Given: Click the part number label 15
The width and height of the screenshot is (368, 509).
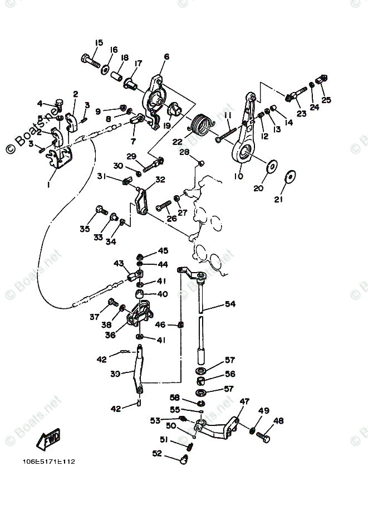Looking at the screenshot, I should click(x=99, y=42).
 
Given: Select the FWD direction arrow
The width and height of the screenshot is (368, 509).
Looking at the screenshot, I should click(x=48, y=440).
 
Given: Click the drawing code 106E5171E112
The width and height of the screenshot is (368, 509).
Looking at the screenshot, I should click(x=49, y=462).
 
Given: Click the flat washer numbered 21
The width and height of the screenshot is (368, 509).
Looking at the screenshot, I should click(x=290, y=177).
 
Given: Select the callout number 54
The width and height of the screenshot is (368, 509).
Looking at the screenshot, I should click(x=230, y=304).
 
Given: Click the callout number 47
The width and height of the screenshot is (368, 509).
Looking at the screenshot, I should click(x=244, y=401).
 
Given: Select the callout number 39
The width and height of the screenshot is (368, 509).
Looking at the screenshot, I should click(x=115, y=374).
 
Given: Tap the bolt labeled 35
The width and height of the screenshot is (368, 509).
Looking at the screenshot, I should click(x=101, y=210).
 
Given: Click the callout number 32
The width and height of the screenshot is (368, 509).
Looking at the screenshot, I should click(x=160, y=180).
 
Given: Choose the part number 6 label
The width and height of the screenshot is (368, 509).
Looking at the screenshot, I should click(x=166, y=57).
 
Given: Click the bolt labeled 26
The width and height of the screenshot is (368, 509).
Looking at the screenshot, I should click(x=164, y=206).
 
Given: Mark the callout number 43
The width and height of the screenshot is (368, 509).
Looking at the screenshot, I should click(x=119, y=263).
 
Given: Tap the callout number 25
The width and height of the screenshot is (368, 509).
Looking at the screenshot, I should click(x=326, y=100).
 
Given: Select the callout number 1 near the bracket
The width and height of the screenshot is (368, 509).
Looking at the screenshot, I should click(x=48, y=185).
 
